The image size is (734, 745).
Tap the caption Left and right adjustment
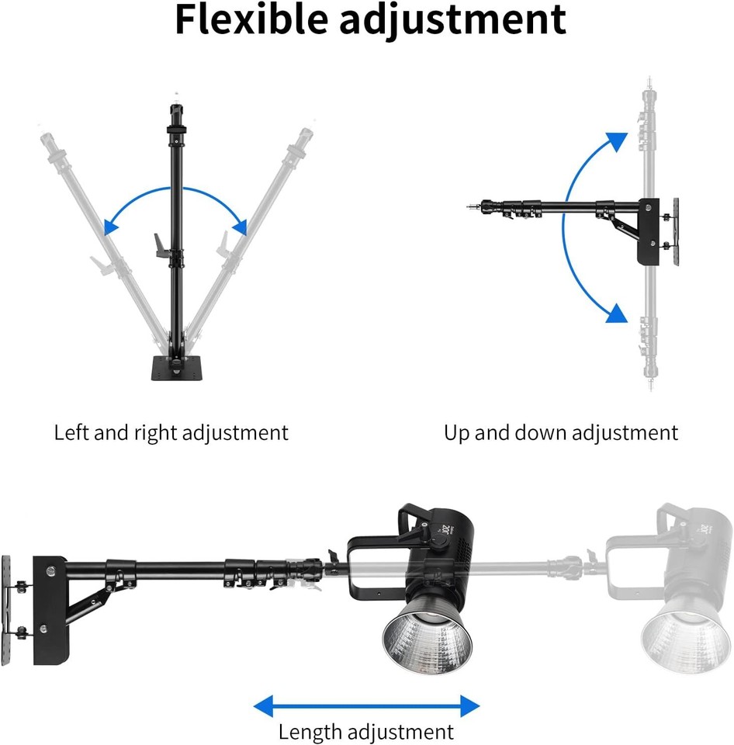[x=171, y=432]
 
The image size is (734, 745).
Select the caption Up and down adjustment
[x=561, y=432]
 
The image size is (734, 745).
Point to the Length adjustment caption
[x=365, y=731]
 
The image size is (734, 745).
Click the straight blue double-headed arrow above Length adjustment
[x=366, y=705]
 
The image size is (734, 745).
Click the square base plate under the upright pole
[x=176, y=368]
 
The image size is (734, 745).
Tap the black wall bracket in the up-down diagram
[x=648, y=233]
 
